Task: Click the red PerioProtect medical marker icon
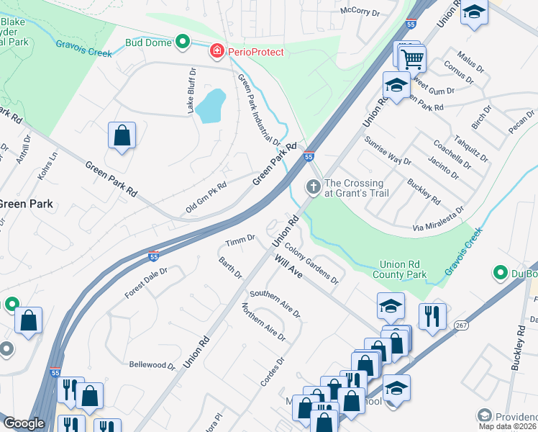tap(216, 52)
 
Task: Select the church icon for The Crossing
tap(313, 187)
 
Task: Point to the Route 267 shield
tap(461, 325)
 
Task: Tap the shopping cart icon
tap(413, 58)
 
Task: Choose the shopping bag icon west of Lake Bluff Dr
tap(122, 135)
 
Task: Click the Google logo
tap(24, 423)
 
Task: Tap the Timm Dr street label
tap(240, 239)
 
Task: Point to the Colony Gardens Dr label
tap(311, 262)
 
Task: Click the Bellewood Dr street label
tap(152, 365)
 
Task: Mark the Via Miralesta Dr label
tap(437, 219)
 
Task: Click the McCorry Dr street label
tap(360, 12)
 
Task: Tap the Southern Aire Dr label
tap(274, 304)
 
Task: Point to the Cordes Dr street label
tap(273, 372)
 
